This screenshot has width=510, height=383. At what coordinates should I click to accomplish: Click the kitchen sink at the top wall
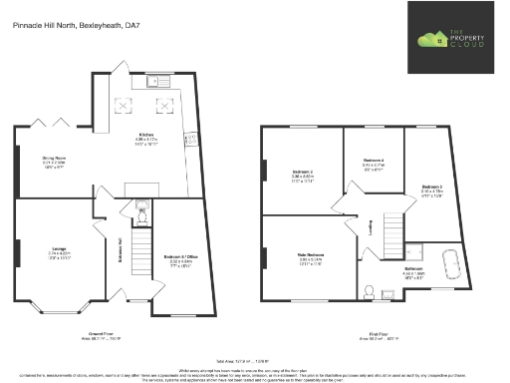coord(157,81)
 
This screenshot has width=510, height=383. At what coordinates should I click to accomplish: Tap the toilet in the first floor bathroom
coord(371,291)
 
